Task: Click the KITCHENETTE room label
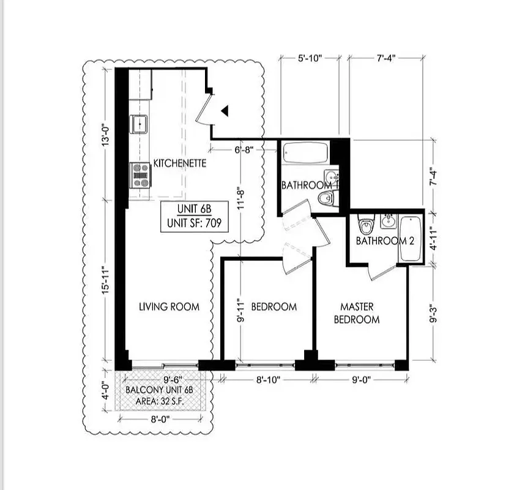[179, 164]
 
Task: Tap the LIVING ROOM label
[168, 306]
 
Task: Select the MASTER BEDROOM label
[360, 312]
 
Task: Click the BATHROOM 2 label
[385, 241]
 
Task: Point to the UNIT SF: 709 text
[193, 224]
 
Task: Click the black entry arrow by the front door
[225, 111]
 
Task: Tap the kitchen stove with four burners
[141, 175]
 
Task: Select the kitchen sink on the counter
[141, 124]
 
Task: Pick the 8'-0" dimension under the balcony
[160, 420]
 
